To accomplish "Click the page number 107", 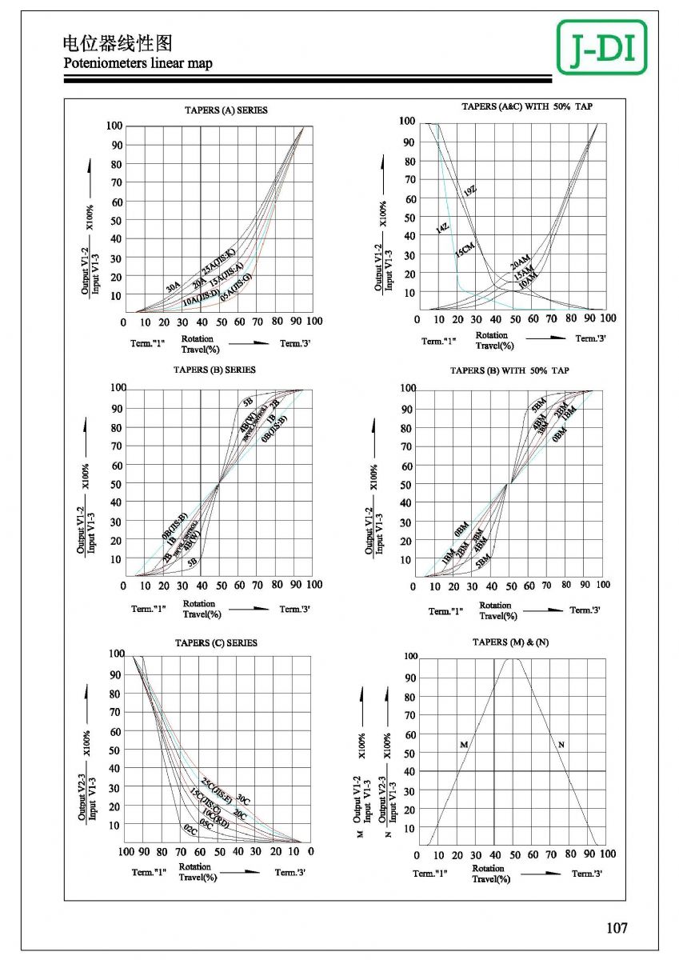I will pyautogui.click(x=617, y=928).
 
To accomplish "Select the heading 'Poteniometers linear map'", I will pyautogui.click(x=138, y=63).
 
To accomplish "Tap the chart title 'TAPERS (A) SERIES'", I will pyautogui.click(x=226, y=110).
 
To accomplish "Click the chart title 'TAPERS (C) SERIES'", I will pyautogui.click(x=216, y=642).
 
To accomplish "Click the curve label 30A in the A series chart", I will pyautogui.click(x=173, y=286).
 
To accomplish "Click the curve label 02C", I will pyautogui.click(x=190, y=829).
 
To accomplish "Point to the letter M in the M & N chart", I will pyautogui.click(x=463, y=745).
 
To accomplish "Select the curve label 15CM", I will pyautogui.click(x=465, y=249).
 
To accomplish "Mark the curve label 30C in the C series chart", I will pyautogui.click(x=243, y=799).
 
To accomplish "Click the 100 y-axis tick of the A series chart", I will pyautogui.click(x=114, y=126).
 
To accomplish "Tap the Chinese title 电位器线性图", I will pyautogui.click(x=118, y=42).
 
